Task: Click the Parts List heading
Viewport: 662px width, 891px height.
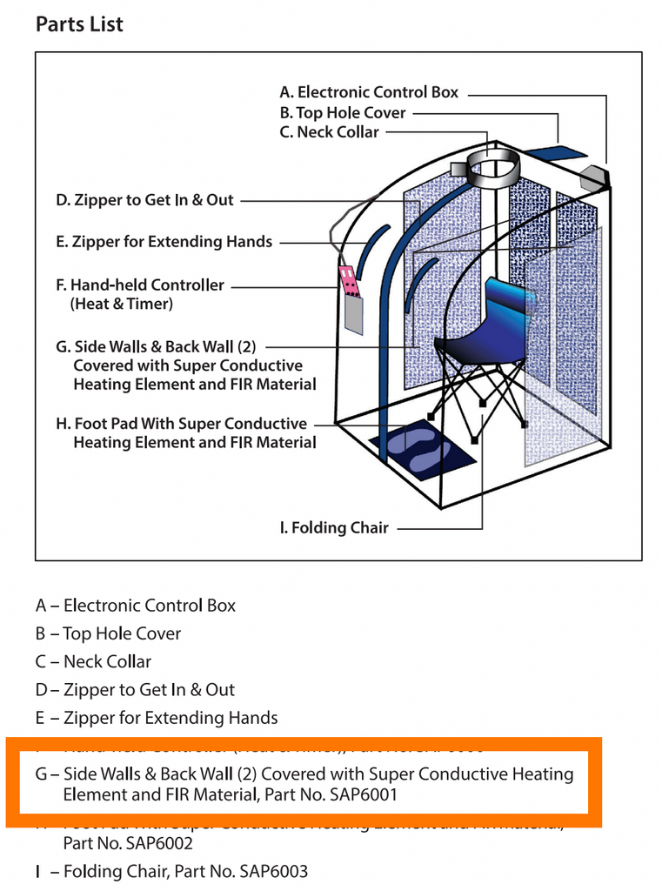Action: (79, 23)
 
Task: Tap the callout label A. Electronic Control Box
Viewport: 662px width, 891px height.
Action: (369, 92)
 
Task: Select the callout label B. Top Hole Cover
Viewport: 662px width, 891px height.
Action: (343, 112)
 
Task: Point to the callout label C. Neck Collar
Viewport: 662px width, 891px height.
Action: (329, 132)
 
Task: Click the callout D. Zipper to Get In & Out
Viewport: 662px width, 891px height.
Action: (144, 200)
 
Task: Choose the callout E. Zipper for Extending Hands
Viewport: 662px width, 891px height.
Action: (164, 242)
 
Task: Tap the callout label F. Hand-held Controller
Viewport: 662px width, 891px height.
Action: (139, 285)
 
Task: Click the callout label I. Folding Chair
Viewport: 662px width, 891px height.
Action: (334, 528)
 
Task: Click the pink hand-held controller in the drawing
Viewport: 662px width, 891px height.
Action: (349, 279)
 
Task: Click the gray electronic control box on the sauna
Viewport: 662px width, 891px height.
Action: (596, 177)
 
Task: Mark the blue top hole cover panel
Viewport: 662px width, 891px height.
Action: (556, 153)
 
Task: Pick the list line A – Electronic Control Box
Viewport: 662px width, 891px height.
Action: (136, 606)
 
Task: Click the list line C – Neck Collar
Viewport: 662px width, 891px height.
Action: (94, 661)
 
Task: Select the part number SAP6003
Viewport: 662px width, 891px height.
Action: (269, 871)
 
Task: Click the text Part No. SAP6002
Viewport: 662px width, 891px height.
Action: (128, 843)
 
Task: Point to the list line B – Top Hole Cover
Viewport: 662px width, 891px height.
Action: (109, 633)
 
